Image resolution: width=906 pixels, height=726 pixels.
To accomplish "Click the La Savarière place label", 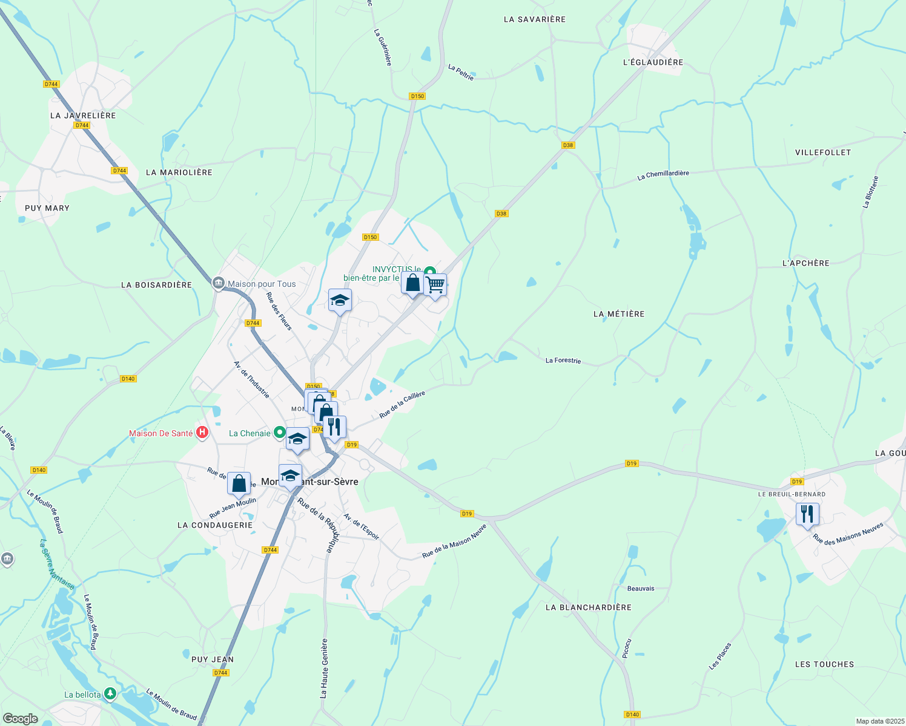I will [x=534, y=19].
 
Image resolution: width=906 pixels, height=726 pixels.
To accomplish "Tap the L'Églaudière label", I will [x=653, y=62].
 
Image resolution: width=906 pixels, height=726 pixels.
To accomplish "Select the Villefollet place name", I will [x=822, y=152].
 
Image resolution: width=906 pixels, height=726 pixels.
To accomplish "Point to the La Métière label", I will [x=619, y=314].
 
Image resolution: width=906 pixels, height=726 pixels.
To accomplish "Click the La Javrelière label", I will [x=83, y=116].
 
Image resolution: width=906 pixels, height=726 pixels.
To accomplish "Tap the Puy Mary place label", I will [x=47, y=208].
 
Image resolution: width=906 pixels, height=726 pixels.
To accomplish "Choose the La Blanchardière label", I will [x=588, y=607].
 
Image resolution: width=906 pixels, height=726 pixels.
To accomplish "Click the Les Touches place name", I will [x=824, y=664].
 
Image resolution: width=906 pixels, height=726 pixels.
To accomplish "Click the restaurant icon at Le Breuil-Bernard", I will [x=807, y=514].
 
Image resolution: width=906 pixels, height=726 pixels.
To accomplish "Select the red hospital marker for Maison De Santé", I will [x=203, y=433].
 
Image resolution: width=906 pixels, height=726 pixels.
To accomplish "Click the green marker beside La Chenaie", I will [x=279, y=433].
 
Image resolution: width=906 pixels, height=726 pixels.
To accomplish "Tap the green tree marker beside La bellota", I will [x=110, y=693].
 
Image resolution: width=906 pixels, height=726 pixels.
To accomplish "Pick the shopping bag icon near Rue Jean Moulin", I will [x=239, y=483].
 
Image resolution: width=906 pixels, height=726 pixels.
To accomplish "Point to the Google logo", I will [x=20, y=718].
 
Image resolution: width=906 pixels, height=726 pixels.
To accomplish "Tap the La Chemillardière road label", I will [x=663, y=175].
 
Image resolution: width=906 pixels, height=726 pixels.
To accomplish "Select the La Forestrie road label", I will [x=563, y=361].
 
